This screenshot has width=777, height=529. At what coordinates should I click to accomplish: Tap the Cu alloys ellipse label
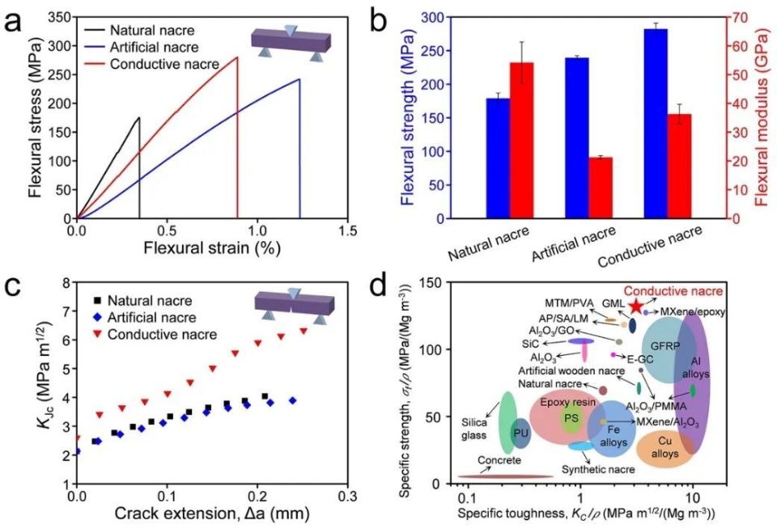(664, 447)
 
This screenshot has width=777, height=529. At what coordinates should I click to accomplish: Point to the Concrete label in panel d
(499, 461)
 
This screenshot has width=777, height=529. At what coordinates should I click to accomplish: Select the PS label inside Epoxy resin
(571, 417)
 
